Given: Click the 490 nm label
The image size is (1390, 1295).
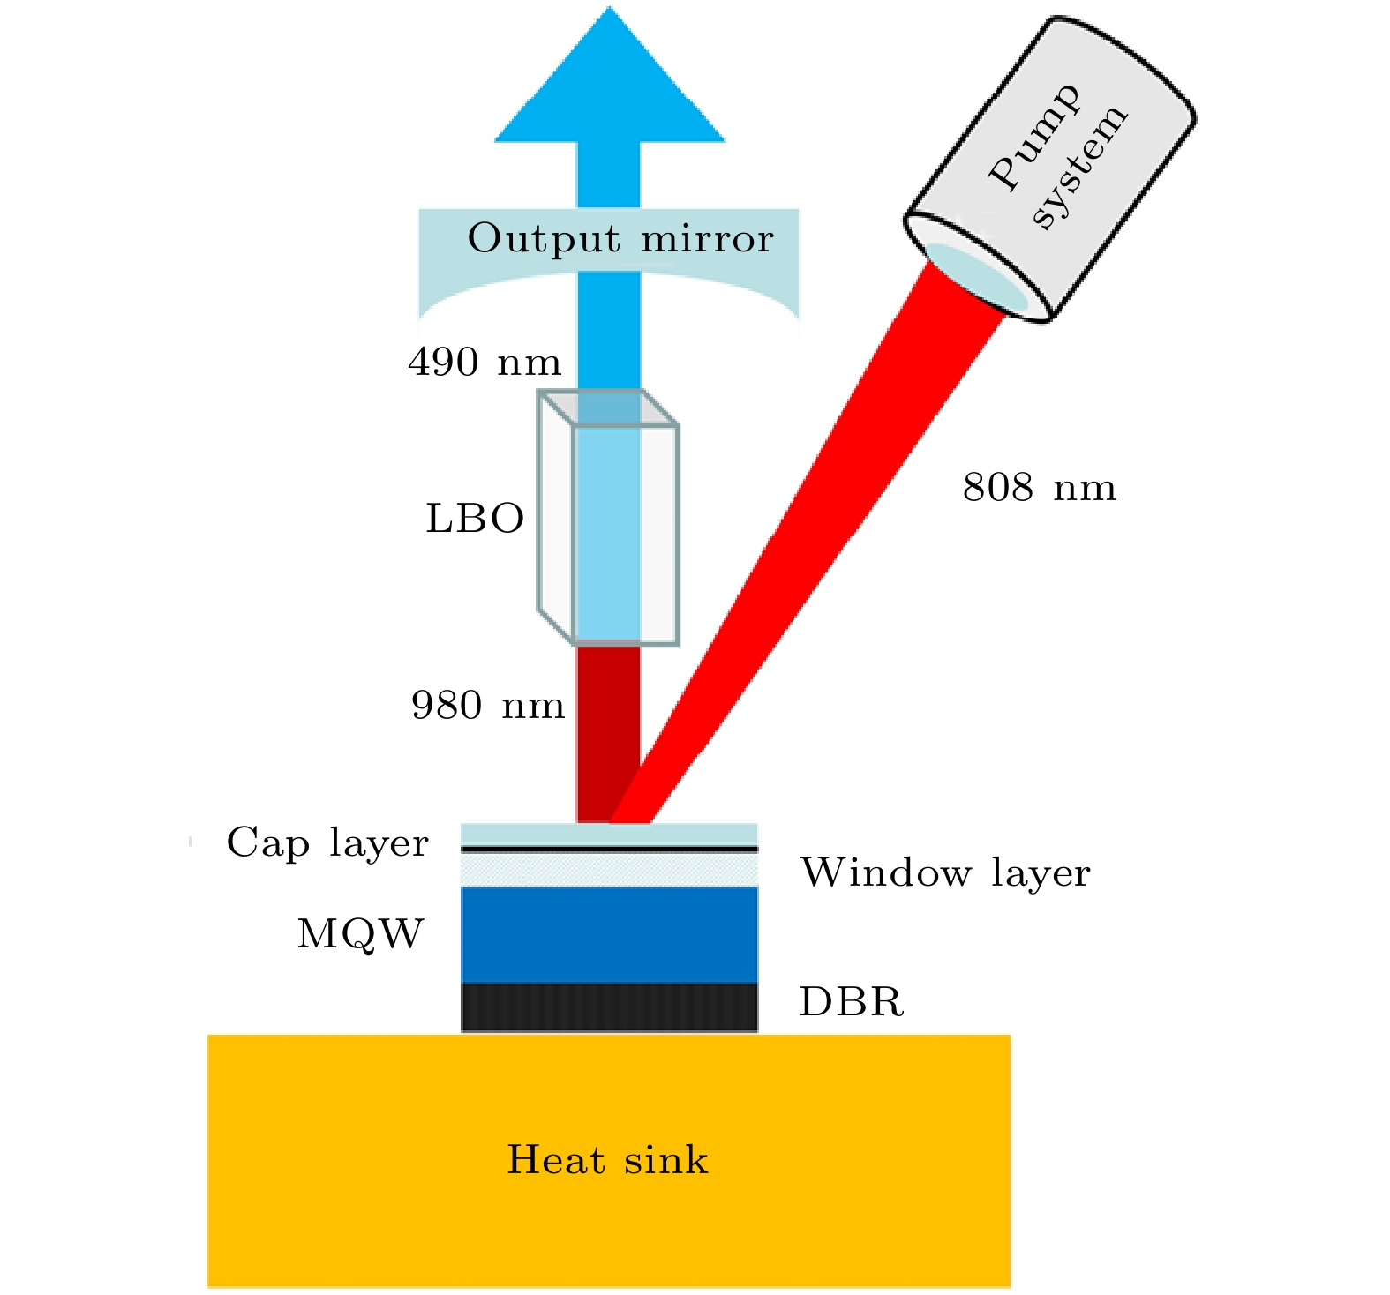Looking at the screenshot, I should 485,362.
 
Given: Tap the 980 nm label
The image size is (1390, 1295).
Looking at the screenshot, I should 488,705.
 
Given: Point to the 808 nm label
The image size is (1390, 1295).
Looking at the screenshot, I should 1040,487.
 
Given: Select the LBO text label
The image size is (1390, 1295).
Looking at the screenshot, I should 475,519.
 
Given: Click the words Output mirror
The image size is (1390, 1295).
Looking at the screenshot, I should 620,238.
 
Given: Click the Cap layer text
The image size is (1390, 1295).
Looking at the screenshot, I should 327,842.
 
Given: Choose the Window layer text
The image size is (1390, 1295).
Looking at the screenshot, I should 945,872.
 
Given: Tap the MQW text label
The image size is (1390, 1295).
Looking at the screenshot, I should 360,933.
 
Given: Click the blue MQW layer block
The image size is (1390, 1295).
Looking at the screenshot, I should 609,935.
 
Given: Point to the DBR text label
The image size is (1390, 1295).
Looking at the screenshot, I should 852,1002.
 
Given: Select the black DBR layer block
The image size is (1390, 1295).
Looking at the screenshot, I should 609,1007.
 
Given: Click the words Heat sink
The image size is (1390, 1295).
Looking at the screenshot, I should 607,1159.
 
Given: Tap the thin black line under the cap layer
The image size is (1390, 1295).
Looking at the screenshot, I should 609,849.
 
